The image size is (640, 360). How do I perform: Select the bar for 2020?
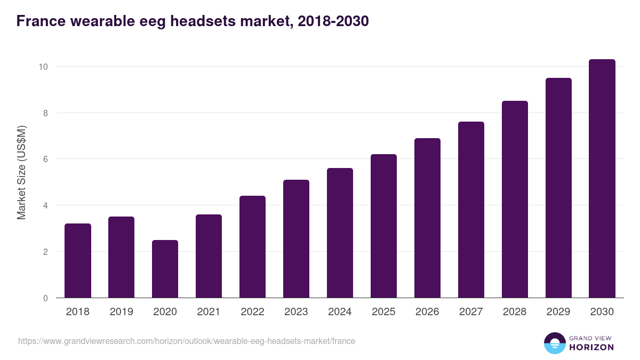[x=165, y=269]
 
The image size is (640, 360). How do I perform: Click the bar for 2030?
[x=602, y=179]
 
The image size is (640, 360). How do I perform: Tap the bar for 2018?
[x=78, y=261]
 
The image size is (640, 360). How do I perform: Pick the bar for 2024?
[x=340, y=233]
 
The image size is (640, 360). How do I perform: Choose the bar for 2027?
[x=471, y=210]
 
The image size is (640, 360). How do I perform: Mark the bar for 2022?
[x=252, y=247]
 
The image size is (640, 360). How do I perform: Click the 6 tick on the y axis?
[x=45, y=159]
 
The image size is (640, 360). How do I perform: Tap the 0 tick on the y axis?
[x=45, y=298]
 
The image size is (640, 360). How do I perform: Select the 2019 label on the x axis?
[x=122, y=312]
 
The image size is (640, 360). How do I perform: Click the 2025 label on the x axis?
[x=383, y=312]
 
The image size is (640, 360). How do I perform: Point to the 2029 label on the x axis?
[x=558, y=312]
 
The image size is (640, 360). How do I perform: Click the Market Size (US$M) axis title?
[x=21, y=172]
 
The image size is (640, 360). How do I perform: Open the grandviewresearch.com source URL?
[x=187, y=341]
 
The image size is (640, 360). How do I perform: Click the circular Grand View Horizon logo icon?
[x=554, y=343]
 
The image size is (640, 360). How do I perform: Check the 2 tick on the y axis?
[x=45, y=251]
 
